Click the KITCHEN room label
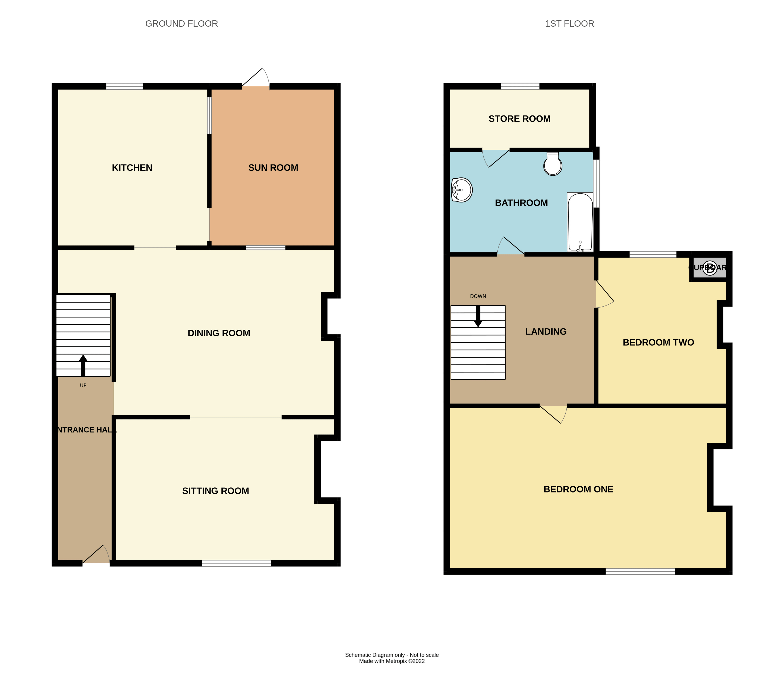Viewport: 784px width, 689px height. (x=132, y=168)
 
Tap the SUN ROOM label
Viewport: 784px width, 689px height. (x=273, y=168)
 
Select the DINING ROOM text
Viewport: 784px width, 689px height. (x=219, y=333)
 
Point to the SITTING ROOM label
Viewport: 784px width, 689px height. (x=216, y=491)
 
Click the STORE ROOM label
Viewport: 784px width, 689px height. (x=519, y=119)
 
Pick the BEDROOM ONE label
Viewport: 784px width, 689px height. (x=578, y=489)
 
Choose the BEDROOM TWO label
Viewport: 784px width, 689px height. (x=658, y=342)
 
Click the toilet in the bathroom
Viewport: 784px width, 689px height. (x=553, y=164)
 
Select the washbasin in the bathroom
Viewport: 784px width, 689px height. (x=462, y=190)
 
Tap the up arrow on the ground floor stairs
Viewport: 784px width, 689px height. (x=83, y=365)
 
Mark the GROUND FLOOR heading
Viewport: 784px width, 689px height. (x=182, y=24)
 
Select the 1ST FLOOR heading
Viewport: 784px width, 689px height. (x=569, y=24)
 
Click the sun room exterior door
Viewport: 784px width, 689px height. (x=256, y=79)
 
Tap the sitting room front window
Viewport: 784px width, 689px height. (x=236, y=563)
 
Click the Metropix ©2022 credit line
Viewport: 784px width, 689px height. (x=392, y=661)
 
